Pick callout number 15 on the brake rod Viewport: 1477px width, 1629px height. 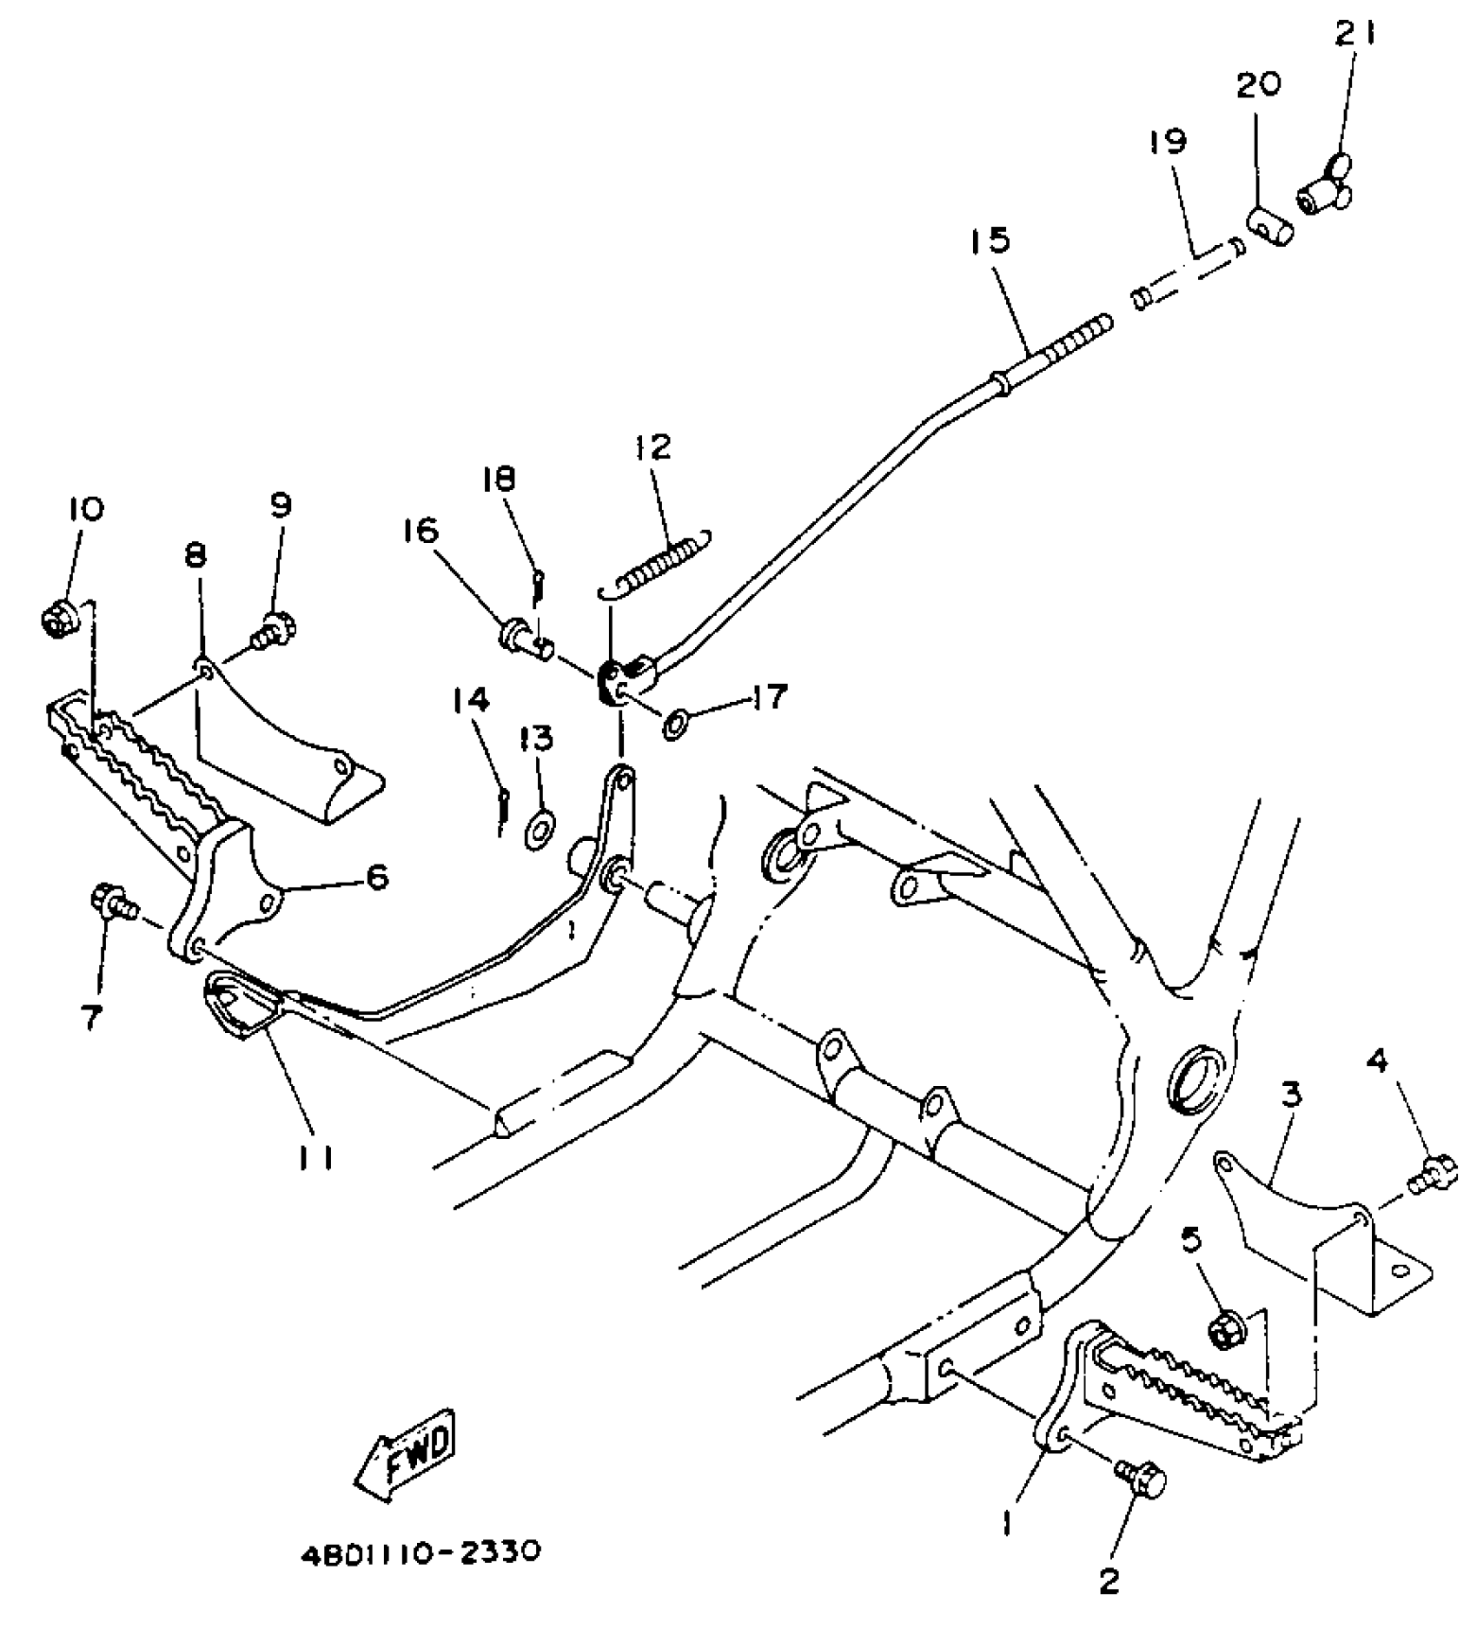click(x=992, y=241)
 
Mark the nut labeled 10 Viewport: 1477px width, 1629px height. click(x=59, y=620)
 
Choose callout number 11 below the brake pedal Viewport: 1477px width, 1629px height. click(x=317, y=1158)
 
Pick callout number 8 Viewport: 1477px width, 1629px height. click(x=195, y=556)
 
